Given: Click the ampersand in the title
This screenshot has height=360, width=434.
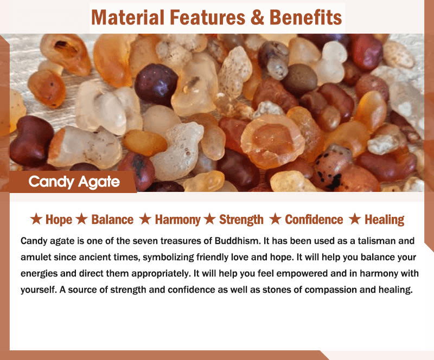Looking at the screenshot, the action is coord(257,17).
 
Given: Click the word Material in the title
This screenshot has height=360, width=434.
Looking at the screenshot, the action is coord(127,17).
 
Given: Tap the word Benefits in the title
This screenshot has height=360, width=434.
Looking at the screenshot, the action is coord(305,17).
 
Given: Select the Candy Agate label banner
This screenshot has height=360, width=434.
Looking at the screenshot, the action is coord(73,182).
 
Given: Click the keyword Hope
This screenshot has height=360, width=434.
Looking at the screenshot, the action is coord(59,220).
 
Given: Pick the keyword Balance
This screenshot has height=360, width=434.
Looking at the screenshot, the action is coord(112,220).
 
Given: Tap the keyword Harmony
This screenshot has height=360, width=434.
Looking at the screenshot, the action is coord(178,220).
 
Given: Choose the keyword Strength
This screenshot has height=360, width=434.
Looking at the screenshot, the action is coord(241,220).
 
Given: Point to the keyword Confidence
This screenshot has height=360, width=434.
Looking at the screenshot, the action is coord(314,220).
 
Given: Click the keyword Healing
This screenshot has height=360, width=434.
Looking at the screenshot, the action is coord(385,220).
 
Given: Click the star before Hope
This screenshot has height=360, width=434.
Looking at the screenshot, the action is coord(36,219).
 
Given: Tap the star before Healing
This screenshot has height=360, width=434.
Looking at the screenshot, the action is coord(355,219).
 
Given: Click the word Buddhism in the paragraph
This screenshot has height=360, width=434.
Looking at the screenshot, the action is coord(238,241).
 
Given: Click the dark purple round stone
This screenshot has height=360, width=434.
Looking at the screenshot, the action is coord(156,85).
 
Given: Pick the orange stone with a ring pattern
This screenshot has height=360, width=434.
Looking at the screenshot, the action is coord(272,142).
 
